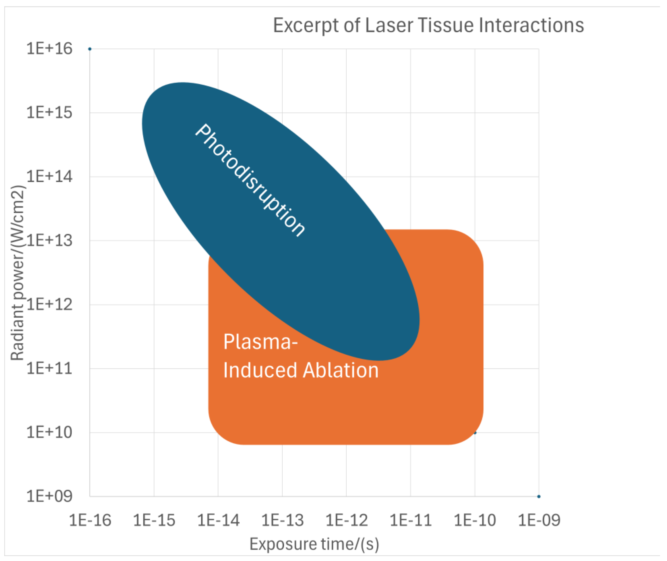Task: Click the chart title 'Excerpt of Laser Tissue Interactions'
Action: point(428,25)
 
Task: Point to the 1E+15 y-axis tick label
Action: point(49,113)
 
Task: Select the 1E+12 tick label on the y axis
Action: point(49,304)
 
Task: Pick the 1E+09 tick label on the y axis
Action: point(49,496)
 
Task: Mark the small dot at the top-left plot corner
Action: point(90,49)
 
